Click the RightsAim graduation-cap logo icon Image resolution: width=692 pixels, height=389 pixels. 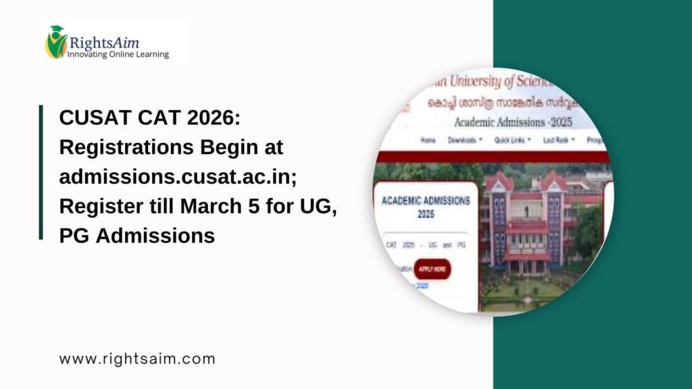pyautogui.click(x=55, y=42)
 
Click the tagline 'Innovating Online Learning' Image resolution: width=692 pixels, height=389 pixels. pyautogui.click(x=118, y=54)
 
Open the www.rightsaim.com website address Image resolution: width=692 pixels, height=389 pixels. pyautogui.click(x=137, y=359)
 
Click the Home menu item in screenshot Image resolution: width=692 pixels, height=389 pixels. pyautogui.click(x=428, y=140)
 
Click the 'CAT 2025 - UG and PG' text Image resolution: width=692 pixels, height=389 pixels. pyautogui.click(x=426, y=243)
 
